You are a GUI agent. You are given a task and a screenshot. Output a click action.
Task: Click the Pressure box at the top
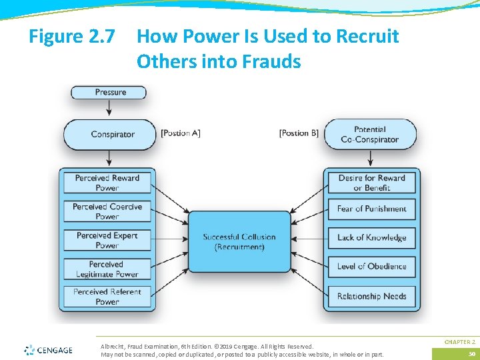pyautogui.click(x=109, y=93)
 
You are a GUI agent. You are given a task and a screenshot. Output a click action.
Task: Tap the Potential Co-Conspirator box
pyautogui.click(x=369, y=135)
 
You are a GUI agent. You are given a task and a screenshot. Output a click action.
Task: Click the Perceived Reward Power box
pyautogui.click(x=107, y=183)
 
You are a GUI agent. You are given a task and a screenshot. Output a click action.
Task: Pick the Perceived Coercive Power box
pyautogui.click(x=107, y=211)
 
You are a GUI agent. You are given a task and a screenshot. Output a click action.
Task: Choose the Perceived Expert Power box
pyautogui.click(x=107, y=240)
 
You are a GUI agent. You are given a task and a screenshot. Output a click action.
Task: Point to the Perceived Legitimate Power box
pyautogui.click(x=107, y=269)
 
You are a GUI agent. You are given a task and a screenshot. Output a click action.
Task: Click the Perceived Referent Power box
pyautogui.click(x=107, y=297)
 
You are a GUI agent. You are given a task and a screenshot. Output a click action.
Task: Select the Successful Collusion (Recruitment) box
pyautogui.click(x=239, y=241)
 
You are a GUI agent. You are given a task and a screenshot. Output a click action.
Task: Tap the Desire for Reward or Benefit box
pyautogui.click(x=371, y=183)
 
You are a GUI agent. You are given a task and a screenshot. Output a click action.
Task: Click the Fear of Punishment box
pyautogui.click(x=371, y=209)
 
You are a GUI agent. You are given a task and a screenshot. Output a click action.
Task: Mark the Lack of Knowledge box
pyautogui.click(x=371, y=237)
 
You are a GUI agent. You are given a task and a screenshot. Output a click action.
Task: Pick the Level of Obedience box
pyautogui.click(x=371, y=266)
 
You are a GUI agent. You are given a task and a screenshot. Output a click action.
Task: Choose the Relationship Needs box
pyautogui.click(x=371, y=296)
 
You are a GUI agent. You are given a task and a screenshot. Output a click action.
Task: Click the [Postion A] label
pyautogui.click(x=181, y=133)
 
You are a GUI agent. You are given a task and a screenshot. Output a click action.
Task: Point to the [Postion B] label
pyautogui.click(x=299, y=133)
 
